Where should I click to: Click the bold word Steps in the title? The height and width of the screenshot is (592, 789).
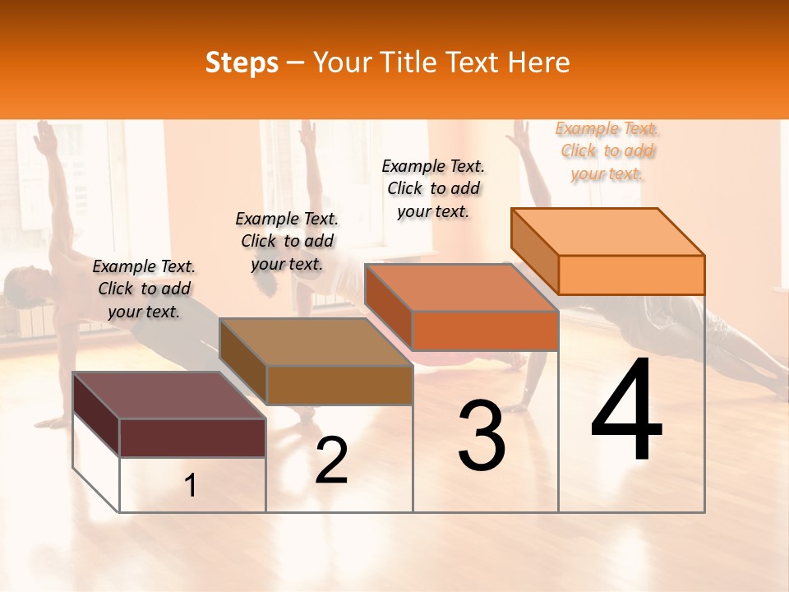(242, 62)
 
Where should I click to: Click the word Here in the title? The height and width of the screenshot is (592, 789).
(538, 62)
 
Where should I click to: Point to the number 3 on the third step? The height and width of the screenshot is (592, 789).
(481, 436)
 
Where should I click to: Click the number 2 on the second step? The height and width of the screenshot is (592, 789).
(331, 460)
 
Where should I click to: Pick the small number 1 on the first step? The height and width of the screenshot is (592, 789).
(190, 485)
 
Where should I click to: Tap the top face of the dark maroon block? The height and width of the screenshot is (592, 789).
(168, 395)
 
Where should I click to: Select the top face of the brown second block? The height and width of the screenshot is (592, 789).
(315, 341)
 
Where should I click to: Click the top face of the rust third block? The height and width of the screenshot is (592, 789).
(460, 288)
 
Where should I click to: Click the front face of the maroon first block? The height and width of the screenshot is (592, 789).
(193, 437)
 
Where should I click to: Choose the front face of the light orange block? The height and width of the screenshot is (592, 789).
(631, 275)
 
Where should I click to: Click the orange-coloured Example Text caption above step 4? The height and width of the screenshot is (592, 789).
(607, 151)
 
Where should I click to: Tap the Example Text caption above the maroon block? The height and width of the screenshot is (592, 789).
(144, 289)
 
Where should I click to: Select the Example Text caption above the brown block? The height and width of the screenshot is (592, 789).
(287, 241)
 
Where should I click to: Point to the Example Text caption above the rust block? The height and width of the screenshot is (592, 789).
(433, 188)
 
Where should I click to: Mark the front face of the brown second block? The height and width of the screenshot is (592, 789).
(339, 385)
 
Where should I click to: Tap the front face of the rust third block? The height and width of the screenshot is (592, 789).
(485, 331)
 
